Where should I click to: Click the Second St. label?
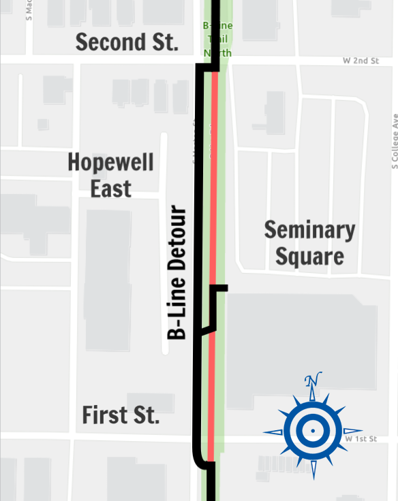pyautogui.click(x=127, y=42)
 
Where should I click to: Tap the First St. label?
pyautogui.click(x=121, y=415)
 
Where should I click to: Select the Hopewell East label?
pyautogui.click(x=110, y=175)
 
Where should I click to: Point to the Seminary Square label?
pyautogui.click(x=309, y=243)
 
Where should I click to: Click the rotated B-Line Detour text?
pyautogui.click(x=177, y=272)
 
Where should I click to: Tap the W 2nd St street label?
pyautogui.click(x=361, y=61)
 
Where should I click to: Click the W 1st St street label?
pyautogui.click(x=361, y=440)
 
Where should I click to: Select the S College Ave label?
pyautogui.click(x=394, y=140)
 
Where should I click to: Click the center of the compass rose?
pyautogui.click(x=312, y=431)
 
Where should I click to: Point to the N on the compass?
pyautogui.click(x=312, y=381)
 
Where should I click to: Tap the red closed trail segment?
pyautogui.click(x=214, y=204)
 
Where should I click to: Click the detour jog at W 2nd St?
pyautogui.click(x=209, y=67)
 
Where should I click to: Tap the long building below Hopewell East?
pyautogui.click(x=107, y=279)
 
